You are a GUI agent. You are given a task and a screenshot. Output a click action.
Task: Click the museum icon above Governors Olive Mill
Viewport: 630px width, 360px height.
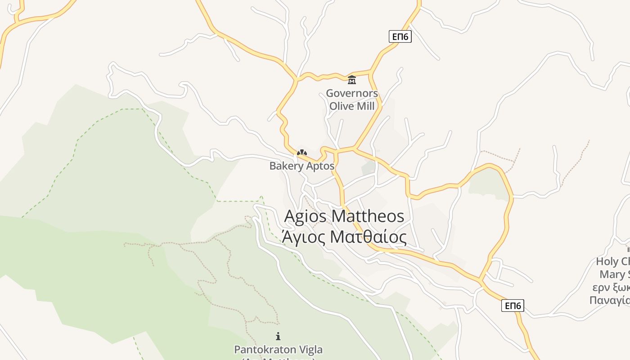coord(352,80)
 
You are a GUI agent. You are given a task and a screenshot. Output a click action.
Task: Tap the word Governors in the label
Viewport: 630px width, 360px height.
coord(352,94)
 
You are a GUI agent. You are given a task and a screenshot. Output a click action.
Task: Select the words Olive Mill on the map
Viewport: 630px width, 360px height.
coord(352,106)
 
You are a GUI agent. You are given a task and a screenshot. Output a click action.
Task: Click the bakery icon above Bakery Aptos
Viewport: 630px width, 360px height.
coord(302,153)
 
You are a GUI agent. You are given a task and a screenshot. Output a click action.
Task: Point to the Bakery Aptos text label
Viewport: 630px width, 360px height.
coord(302,166)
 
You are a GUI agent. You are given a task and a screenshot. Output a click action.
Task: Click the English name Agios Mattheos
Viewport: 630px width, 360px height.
coord(344,216)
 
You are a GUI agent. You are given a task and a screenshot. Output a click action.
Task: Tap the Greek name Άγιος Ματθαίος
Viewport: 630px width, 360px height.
coord(344,237)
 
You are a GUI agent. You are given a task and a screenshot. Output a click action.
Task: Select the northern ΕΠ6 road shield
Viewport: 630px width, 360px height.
coord(400,36)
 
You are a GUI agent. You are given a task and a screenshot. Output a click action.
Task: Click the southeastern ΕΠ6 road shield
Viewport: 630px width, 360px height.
coord(513,306)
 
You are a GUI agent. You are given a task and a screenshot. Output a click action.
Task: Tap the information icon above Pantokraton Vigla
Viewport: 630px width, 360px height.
coord(278,336)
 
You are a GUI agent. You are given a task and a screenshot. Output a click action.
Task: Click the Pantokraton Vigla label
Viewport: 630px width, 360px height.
coord(278,350)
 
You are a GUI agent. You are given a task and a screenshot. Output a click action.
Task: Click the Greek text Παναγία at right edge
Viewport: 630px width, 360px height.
coord(610,300)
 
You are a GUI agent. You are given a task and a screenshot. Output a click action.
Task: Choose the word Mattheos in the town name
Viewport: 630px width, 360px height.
coord(368,216)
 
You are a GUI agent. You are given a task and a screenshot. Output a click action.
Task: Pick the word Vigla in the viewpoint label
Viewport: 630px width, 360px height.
coord(310,350)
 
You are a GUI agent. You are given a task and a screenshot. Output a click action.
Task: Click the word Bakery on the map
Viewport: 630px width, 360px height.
coord(286,166)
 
